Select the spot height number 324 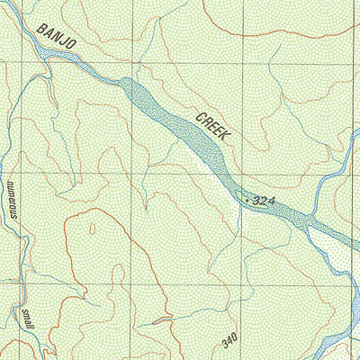265,199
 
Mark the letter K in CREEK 226,137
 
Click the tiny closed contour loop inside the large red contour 161,319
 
